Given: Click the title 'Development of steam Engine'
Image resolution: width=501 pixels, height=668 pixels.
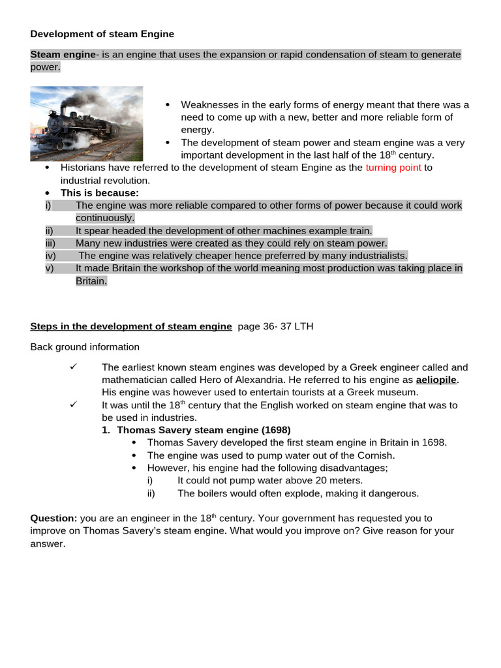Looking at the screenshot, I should (x=102, y=33).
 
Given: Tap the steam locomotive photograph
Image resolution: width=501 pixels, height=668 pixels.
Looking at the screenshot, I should (x=87, y=124).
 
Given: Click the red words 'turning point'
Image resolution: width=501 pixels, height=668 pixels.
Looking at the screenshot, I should (x=393, y=168).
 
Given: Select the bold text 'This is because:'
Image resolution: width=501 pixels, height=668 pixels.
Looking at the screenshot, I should (x=100, y=193).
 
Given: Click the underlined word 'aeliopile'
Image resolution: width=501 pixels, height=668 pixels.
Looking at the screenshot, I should (x=436, y=380).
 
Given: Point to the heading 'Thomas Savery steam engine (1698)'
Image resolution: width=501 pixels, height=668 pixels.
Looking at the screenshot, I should (x=204, y=430).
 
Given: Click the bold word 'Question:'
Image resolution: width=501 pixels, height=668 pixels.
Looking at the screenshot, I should (x=53, y=518).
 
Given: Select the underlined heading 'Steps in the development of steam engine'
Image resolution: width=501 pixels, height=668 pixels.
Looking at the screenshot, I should (x=131, y=326).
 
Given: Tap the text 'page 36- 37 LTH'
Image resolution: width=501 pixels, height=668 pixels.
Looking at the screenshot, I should (x=275, y=326).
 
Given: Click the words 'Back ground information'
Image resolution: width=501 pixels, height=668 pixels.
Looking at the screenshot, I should (x=85, y=347).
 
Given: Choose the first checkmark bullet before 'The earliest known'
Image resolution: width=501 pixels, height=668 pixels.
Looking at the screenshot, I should (x=74, y=367).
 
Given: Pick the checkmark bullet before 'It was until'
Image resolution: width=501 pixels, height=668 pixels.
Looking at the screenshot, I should (x=74, y=404).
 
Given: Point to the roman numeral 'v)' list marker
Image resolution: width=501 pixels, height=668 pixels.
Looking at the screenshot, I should (x=50, y=268).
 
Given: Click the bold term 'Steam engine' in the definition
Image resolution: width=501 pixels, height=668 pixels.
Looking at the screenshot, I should (x=63, y=55).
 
